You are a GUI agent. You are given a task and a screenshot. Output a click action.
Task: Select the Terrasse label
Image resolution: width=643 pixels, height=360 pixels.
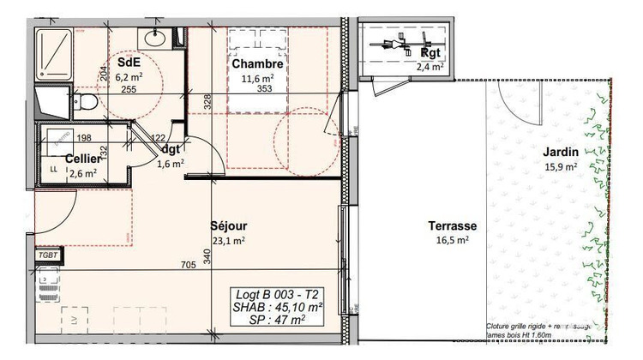pos(452,226)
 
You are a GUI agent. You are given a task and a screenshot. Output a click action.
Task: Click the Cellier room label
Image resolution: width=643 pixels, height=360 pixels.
pos(83,158)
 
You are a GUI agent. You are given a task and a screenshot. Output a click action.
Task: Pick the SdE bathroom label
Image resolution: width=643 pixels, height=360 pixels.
pos(129,62)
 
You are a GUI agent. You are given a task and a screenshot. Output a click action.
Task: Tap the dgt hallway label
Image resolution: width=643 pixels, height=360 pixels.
pos(171,149)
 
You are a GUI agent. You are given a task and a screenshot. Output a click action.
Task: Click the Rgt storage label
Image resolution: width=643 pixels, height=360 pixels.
pos(430,51)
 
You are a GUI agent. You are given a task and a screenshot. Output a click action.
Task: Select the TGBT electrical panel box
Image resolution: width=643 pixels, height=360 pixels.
pos(47,255)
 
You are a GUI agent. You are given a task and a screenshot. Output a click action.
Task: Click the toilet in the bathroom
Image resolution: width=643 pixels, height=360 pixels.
pos(84,103)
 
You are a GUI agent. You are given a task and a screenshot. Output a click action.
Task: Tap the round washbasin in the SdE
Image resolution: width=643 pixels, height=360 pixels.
pos(155,38)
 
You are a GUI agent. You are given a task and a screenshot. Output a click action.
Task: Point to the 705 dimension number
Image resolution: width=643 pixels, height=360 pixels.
pos(187,265)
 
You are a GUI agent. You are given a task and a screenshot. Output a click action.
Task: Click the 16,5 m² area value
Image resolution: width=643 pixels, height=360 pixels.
pos(452,241)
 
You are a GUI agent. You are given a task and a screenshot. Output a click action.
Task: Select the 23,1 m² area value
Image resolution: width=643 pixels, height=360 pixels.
pos(229,242)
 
